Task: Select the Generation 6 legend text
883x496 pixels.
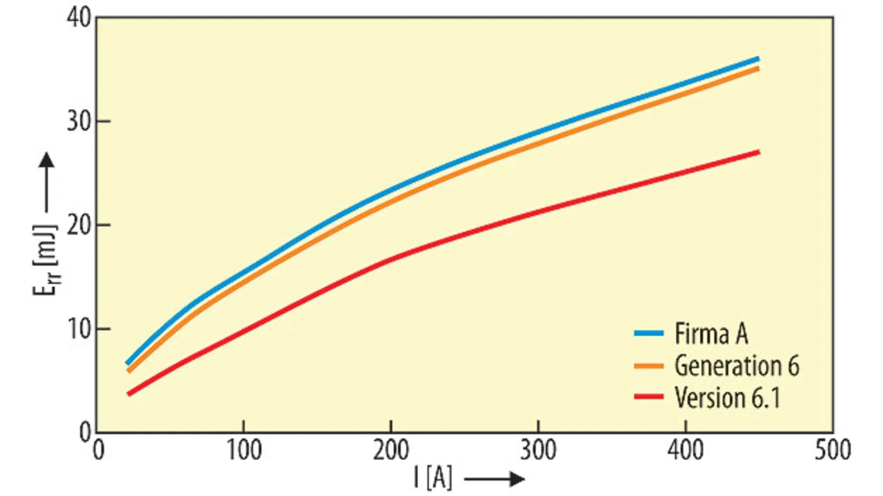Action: [737, 366]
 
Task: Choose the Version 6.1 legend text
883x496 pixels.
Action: [727, 397]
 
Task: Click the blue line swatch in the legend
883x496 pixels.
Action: [649, 334]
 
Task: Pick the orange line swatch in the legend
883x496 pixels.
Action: [649, 366]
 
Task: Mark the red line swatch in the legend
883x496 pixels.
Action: [649, 397]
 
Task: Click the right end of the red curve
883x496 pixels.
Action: [757, 152]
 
